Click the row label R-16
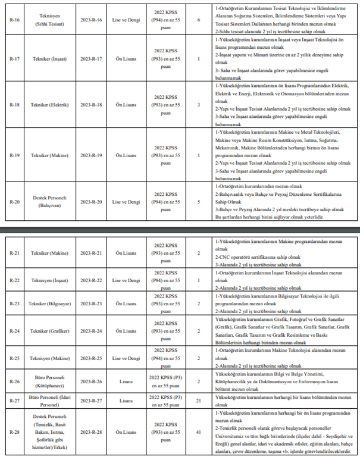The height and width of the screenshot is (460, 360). [14, 19]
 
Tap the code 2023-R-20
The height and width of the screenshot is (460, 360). [91, 202]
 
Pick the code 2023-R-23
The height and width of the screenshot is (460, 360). [91, 303]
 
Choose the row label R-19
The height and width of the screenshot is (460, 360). [14, 155]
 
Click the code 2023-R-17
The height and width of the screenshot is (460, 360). [91, 58]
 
